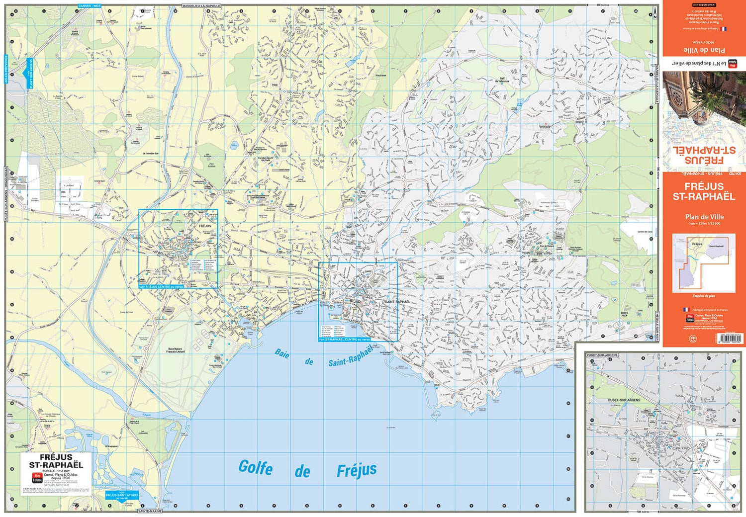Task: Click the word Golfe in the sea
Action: (255, 467)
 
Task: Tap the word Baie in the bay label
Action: (282, 353)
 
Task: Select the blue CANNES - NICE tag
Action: (90, 6)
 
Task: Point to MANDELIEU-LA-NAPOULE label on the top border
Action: (201, 6)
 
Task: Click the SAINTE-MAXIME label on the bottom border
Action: (150, 511)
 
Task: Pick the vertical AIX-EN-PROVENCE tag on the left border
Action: (6, 69)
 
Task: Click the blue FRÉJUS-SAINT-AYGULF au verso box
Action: (122, 496)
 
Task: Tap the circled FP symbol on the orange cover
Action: (693, 339)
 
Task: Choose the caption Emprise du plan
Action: (704, 296)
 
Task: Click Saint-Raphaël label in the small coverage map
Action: (716, 246)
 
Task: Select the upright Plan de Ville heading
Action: (704, 217)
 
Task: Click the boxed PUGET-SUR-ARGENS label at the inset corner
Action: (602, 355)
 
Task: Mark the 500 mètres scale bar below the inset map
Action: (643, 511)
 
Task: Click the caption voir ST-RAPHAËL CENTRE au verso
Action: (344, 340)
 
